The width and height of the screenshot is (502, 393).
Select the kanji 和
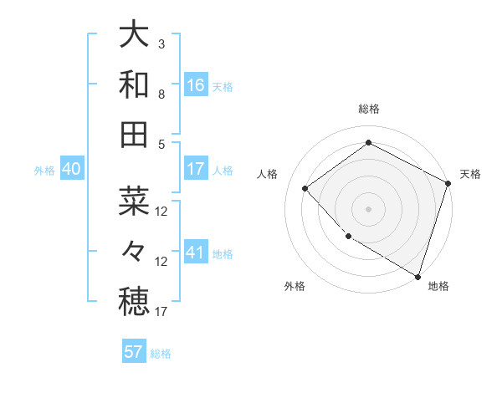point(134,84)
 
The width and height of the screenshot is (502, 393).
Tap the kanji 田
point(134,134)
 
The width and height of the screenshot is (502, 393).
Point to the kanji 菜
point(134,201)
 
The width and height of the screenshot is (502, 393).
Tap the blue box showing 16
point(196,85)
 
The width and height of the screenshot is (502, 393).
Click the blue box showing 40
point(72,170)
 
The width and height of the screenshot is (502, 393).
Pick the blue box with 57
point(134,352)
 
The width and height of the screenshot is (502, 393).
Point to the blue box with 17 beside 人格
point(196,170)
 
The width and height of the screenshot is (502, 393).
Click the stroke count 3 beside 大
point(161,43)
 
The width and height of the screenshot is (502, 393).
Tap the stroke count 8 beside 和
point(161,94)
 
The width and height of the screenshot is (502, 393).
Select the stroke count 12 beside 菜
point(162,211)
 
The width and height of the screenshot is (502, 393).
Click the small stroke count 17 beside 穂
point(162,312)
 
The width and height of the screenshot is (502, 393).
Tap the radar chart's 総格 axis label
point(368,109)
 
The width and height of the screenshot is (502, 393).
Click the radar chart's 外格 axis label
point(295,286)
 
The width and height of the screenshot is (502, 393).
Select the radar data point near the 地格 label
point(417,275)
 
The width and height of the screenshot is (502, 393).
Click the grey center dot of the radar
point(368,208)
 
